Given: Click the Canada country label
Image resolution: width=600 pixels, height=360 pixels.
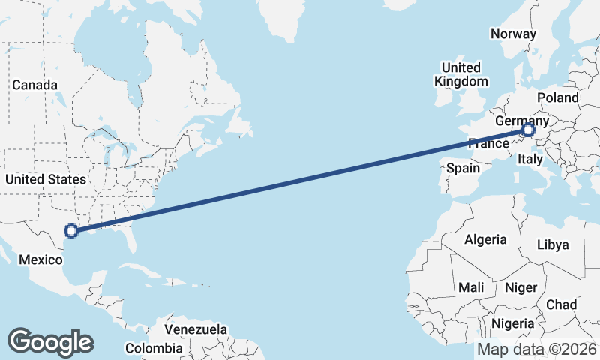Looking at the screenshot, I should click(31, 85).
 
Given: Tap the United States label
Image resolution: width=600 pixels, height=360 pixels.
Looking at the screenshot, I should click(45, 179).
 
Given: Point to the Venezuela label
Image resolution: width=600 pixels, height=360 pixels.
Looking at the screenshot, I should click(196, 329).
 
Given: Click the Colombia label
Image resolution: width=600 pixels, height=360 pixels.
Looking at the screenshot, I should click(153, 348).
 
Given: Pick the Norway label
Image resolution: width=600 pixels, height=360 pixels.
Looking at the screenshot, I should click(513, 34).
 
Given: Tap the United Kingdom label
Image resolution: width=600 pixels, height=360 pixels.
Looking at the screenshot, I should click(461, 73).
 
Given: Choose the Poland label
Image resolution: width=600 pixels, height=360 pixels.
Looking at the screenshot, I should click(558, 97).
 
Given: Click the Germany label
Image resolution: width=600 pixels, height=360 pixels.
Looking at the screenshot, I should click(522, 121).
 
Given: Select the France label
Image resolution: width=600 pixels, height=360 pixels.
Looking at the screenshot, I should click(489, 143).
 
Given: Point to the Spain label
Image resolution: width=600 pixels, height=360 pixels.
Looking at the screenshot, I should click(463, 169).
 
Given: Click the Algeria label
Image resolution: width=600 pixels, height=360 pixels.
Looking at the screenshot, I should click(485, 240).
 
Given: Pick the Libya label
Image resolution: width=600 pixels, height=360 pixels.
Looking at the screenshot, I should click(553, 244).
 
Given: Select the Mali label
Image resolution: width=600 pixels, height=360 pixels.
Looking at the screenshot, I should click(472, 287).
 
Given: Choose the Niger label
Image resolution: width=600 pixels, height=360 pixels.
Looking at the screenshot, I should click(520, 287).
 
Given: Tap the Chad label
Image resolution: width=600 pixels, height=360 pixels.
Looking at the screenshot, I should click(562, 304).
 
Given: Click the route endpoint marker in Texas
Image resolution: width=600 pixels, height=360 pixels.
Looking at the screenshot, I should click(71, 232).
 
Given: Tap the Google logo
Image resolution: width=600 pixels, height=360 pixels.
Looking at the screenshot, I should click(50, 341).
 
